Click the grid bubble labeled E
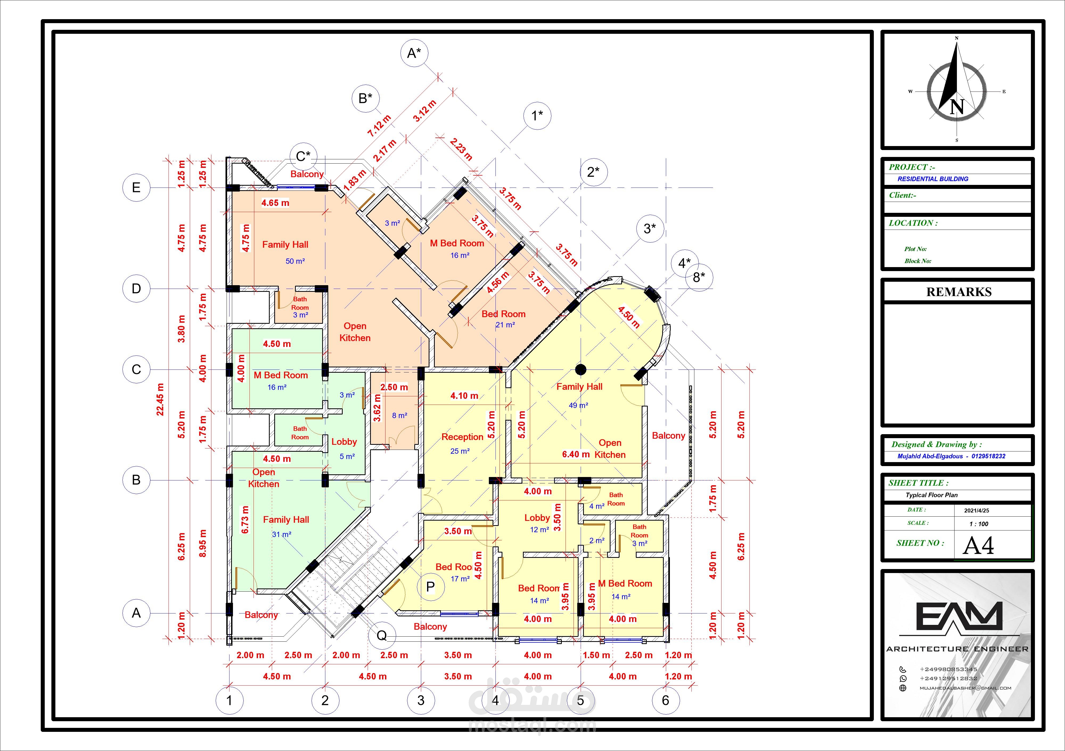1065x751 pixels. [x=136, y=188]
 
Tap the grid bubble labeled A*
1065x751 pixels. [x=414, y=53]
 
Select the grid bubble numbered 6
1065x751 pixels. [x=666, y=700]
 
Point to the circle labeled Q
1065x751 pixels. [x=382, y=635]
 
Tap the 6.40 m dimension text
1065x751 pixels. [x=576, y=454]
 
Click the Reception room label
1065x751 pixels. [x=462, y=437]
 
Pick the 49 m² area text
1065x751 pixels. [x=578, y=405]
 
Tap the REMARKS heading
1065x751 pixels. [x=959, y=292]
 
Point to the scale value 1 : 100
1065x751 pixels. [x=979, y=524]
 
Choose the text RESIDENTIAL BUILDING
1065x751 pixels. [x=933, y=179]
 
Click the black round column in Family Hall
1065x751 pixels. [x=580, y=370]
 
